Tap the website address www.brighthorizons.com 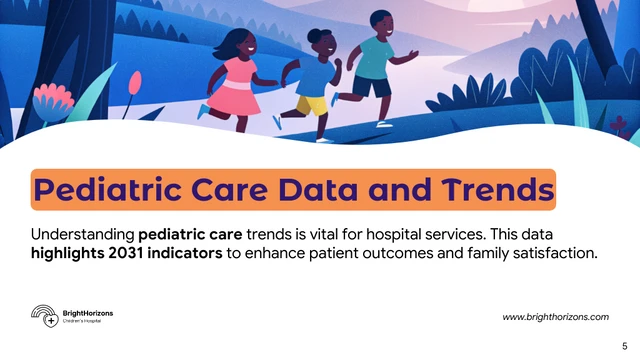click(555, 316)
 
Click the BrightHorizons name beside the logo click(87, 313)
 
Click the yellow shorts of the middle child click(312, 103)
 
